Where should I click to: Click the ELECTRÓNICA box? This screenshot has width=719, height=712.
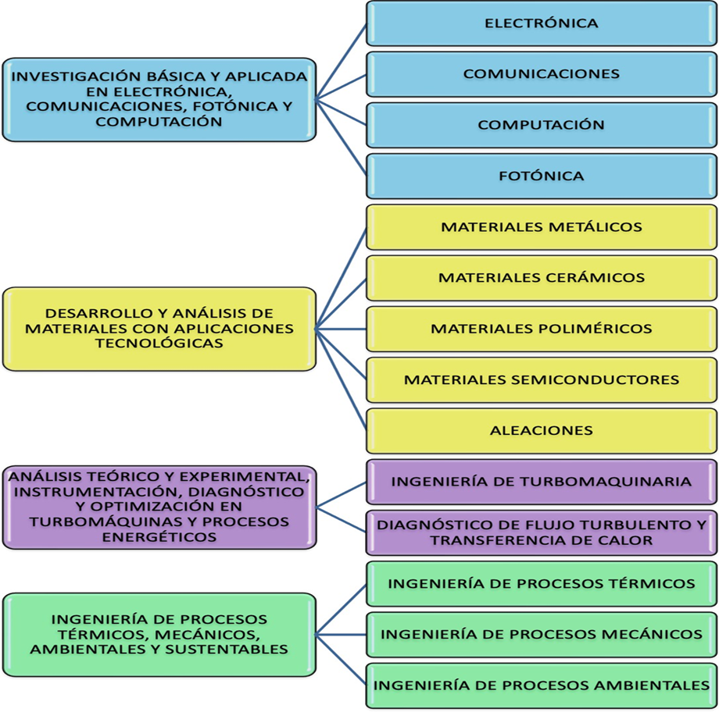point(542,23)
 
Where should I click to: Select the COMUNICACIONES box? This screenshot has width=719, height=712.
point(542,74)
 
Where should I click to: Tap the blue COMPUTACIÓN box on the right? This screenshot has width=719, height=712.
point(542,125)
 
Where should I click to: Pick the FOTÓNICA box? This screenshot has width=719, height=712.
point(542,176)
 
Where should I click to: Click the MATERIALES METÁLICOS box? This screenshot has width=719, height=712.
point(542,227)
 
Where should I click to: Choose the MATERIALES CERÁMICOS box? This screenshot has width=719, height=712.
point(542,278)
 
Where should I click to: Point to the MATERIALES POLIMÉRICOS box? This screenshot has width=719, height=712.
point(542,329)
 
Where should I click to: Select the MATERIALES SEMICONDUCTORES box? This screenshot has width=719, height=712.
point(542,380)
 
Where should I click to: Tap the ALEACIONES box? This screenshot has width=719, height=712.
point(542,431)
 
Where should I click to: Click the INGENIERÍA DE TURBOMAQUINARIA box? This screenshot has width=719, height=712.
point(542,482)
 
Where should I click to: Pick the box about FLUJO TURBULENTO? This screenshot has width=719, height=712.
point(542,533)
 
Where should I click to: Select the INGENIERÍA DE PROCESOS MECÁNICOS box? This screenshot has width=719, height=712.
point(542,635)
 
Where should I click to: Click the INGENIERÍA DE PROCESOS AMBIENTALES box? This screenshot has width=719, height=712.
point(542,686)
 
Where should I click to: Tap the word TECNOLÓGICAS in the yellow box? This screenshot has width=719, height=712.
point(159,344)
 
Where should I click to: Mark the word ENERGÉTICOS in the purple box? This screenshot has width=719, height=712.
point(159,537)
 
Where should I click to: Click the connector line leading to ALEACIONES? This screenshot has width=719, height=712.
point(342,379)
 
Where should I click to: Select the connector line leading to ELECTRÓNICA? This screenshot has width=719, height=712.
point(342,62)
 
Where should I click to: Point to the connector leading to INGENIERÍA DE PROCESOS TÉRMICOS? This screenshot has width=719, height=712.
point(342,610)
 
